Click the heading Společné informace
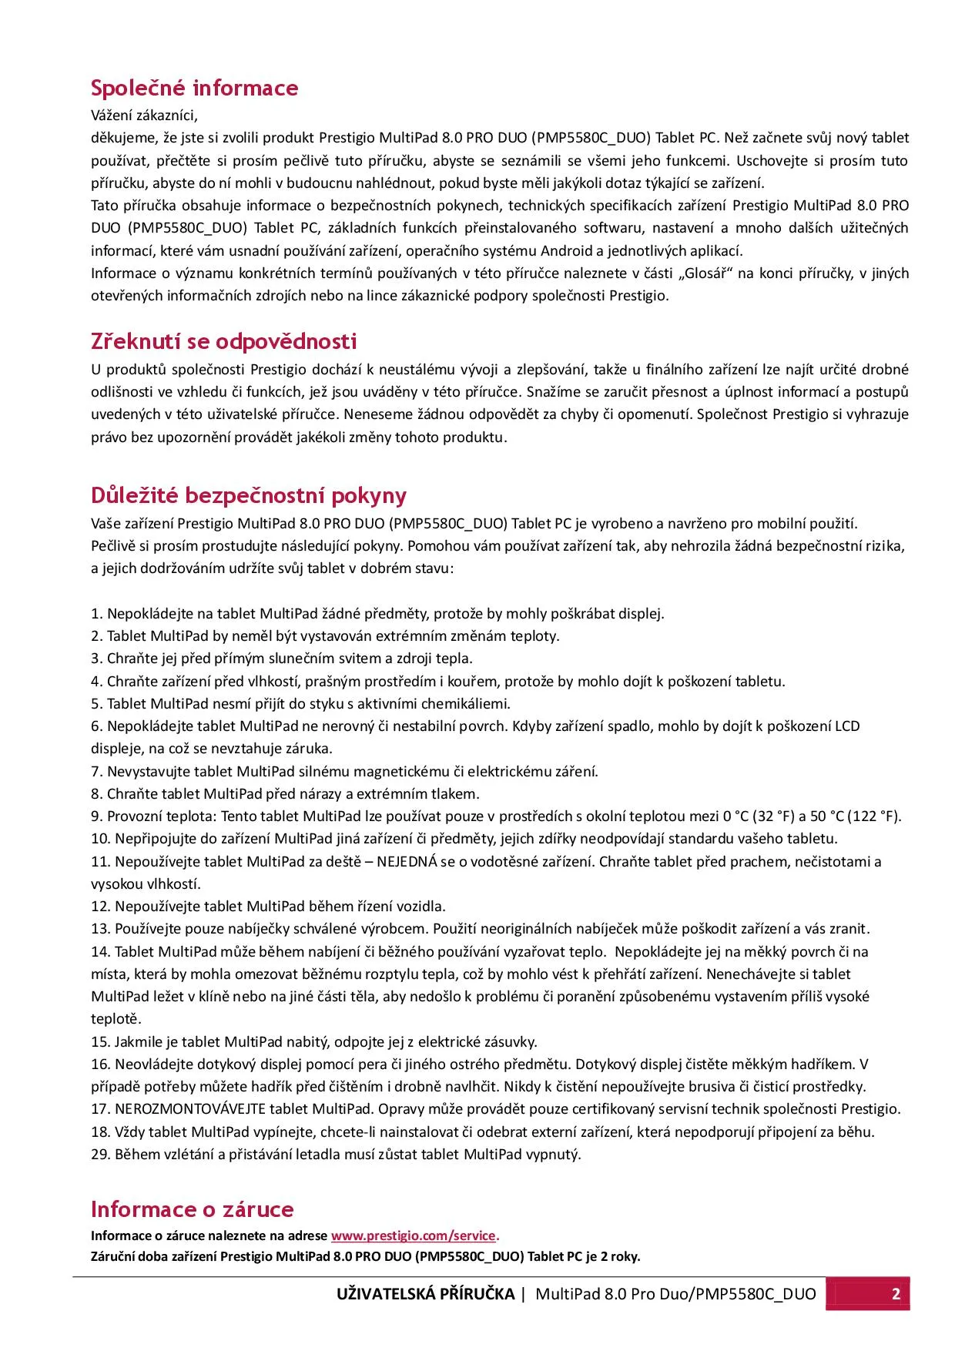tap(194, 89)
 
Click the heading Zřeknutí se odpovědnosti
tap(223, 341)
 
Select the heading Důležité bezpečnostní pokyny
tap(248, 495)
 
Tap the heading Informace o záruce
tap(192, 1209)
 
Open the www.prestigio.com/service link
tap(414, 1235)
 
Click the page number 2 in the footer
tap(896, 1294)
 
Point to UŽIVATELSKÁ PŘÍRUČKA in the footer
tap(425, 1294)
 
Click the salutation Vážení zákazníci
tap(144, 116)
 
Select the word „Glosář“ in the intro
tap(705, 273)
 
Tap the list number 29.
tap(99, 1155)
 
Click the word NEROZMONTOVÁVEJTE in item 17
tap(190, 1109)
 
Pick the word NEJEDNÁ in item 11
tap(407, 862)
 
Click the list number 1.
tap(95, 614)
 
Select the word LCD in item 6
tap(847, 726)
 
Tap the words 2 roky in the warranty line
tap(620, 1256)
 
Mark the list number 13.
tap(99, 929)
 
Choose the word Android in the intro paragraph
tap(567, 251)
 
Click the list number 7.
tap(95, 772)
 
